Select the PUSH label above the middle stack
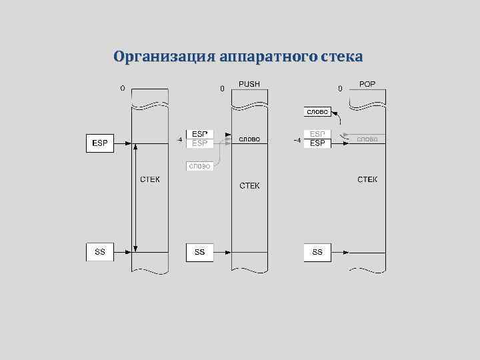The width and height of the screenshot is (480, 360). pos(249,85)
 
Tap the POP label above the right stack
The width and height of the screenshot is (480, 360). pos(367,85)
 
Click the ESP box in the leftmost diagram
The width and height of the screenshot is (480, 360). pos(100,143)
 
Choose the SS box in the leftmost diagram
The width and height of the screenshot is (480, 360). pos(100,252)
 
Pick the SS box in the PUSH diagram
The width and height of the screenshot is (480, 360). pos(199,252)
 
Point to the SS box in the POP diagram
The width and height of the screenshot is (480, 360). pos(317,252)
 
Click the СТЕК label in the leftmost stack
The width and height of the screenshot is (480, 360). pos(149,179)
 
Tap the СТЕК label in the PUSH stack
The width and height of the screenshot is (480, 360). pos(249,185)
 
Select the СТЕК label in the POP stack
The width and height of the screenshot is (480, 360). pos(367,179)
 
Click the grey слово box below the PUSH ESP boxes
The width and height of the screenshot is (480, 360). pos(199,165)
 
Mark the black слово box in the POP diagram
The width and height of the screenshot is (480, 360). pos(317,111)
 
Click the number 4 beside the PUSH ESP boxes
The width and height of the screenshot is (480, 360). pos(179,139)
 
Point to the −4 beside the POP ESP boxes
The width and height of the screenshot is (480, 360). pos(297,139)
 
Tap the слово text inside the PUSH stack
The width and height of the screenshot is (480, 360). pos(249,139)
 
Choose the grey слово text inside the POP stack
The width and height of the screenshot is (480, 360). pos(367,139)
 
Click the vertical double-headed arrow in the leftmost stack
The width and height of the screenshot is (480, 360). pos(135,197)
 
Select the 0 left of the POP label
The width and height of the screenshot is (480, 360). pos(340,88)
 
